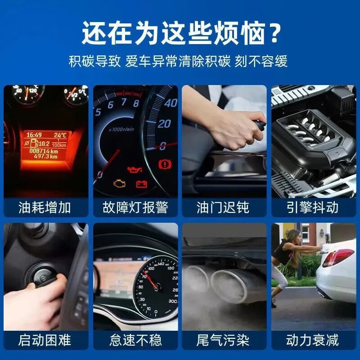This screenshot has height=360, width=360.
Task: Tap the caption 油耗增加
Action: click(x=45, y=207)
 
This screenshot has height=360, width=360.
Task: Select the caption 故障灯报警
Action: click(x=135, y=207)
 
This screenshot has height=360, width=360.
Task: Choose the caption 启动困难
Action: click(x=45, y=340)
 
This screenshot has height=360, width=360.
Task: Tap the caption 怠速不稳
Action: click(x=135, y=340)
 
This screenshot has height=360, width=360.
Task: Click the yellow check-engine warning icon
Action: click(x=119, y=184)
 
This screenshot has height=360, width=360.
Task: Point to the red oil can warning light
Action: click(x=135, y=170)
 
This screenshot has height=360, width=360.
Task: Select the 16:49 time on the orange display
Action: click(x=33, y=135)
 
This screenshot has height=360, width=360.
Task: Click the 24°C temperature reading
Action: click(x=60, y=135)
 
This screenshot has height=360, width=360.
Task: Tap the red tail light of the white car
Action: click(x=337, y=257)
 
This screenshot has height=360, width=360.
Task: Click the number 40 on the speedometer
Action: click(x=171, y=103)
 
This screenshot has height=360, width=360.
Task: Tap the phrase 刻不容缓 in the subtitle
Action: click(x=261, y=61)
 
